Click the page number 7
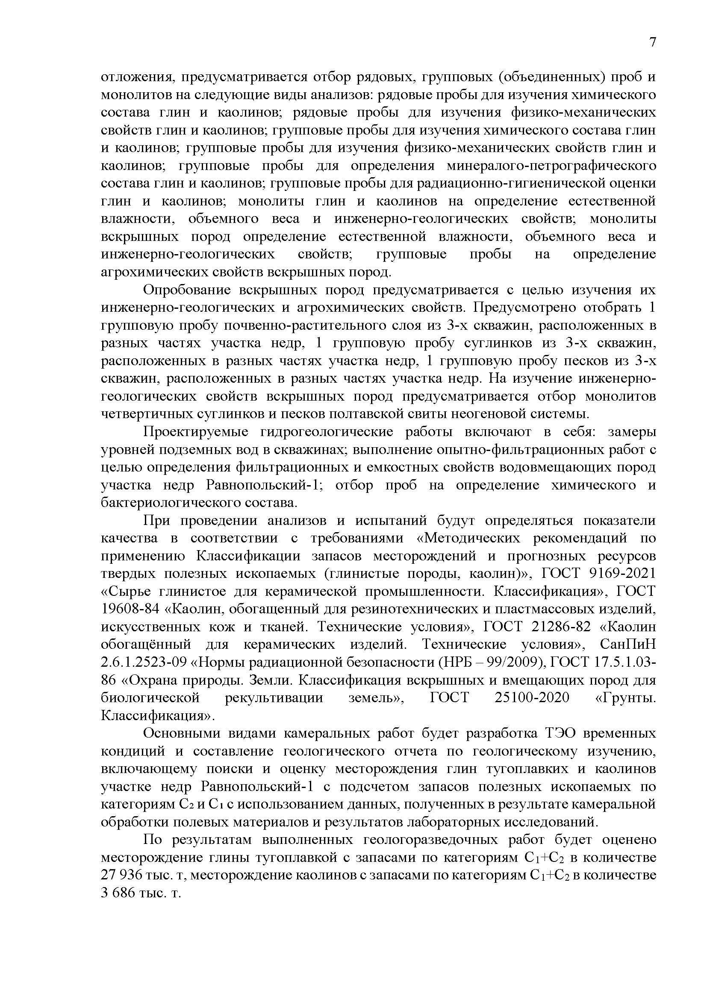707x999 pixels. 652,42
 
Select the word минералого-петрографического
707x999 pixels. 551,166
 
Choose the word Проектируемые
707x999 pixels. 196,432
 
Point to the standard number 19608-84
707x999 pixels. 129,609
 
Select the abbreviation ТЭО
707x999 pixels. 560,734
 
